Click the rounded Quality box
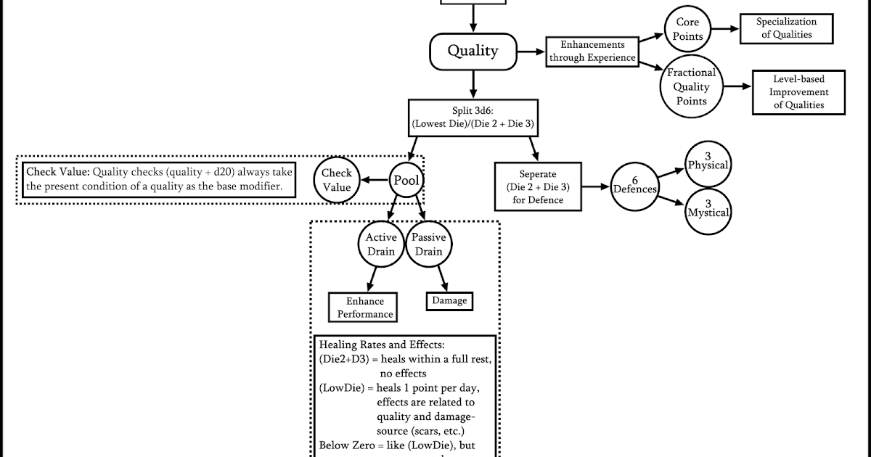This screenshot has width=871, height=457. coord(473,52)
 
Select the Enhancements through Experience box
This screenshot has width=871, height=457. coord(592,52)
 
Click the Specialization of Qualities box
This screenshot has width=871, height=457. coord(786,28)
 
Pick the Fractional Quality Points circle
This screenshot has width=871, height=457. coord(691,86)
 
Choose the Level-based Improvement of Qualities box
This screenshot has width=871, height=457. coord(798,91)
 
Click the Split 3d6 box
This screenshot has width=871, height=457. coord(473,117)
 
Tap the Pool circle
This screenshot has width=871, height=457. coord(406,180)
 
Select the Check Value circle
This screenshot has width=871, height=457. coord(337,180)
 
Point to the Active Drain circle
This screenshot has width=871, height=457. coord(381,244)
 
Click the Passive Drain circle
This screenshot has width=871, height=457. coord(428,244)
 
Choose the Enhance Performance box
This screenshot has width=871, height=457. coord(365,308)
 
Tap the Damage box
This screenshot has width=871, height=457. coord(449,300)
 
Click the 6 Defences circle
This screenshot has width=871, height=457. coord(635,186)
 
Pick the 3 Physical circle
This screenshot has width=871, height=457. coord(708,162)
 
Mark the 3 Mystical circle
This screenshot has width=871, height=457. coord(708,211)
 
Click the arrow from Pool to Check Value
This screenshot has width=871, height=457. coord(375,180)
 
